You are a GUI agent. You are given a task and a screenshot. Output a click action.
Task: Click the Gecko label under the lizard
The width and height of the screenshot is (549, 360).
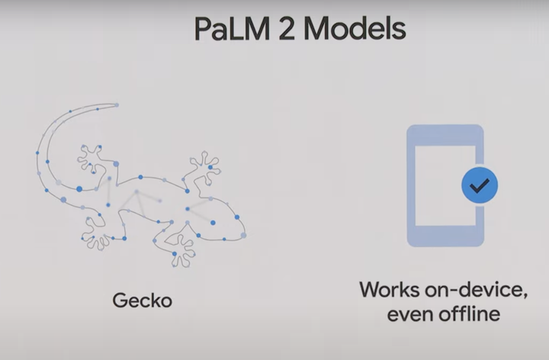(143, 301)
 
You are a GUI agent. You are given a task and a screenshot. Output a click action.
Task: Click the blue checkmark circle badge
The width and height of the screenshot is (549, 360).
(480, 185)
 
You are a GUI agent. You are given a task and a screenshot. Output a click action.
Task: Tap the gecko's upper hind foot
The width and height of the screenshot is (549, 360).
(91, 156)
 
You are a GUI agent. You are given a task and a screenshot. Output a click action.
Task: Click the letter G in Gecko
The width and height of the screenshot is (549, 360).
(120, 301)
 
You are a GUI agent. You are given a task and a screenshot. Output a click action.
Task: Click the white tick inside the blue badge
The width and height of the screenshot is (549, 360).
(480, 185)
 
